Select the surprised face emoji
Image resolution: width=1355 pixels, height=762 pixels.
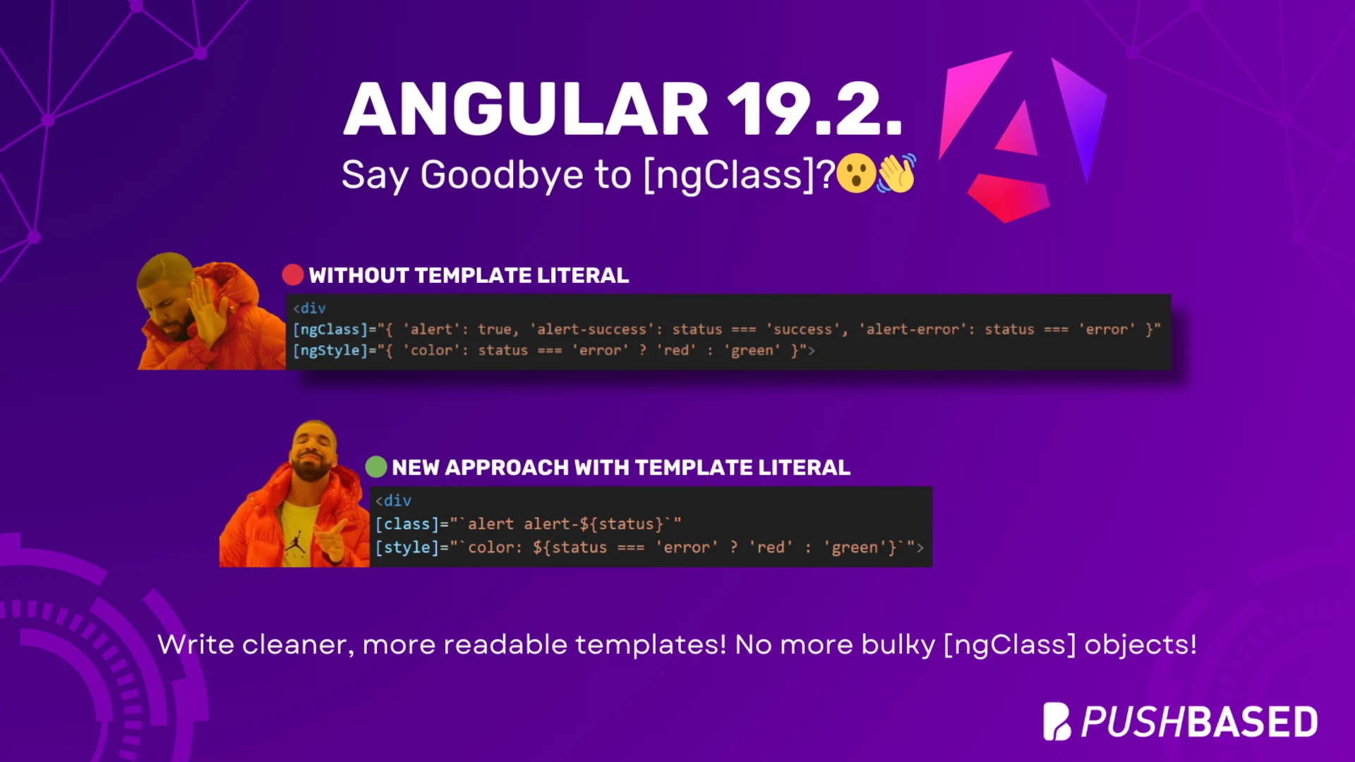pyautogui.click(x=855, y=174)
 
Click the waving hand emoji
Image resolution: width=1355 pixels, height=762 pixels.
pyautogui.click(x=896, y=174)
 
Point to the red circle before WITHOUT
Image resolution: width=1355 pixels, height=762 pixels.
pyautogui.click(x=293, y=274)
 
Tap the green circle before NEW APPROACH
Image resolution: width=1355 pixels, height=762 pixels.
pyautogui.click(x=376, y=466)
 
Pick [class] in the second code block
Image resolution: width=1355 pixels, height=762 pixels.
pyautogui.click(x=407, y=524)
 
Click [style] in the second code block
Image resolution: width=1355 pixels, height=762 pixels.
pyautogui.click(x=407, y=548)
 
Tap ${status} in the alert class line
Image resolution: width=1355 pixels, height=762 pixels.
pyautogui.click(x=621, y=524)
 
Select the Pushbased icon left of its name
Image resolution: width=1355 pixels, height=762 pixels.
pyautogui.click(x=1056, y=721)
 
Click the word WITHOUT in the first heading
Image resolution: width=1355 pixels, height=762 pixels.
pyautogui.click(x=359, y=275)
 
